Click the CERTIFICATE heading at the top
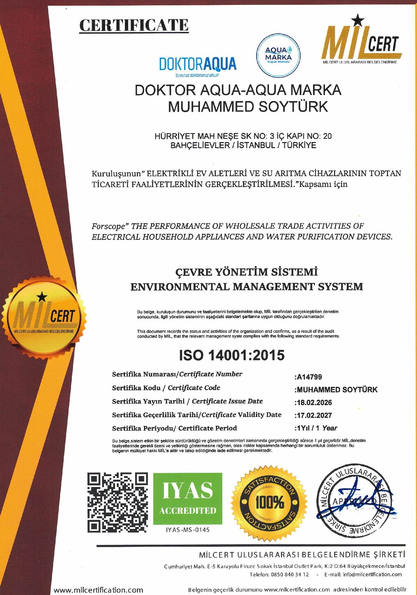click(134, 26)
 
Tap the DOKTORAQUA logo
click(198, 65)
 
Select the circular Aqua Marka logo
click(278, 55)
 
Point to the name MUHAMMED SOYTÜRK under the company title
click(247, 107)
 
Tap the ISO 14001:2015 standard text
click(232, 356)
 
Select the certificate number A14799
click(310, 377)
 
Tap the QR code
click(118, 502)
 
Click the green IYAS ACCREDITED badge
click(188, 498)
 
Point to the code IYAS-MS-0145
click(188, 530)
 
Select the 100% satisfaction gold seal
click(269, 502)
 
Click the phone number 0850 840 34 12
click(288, 574)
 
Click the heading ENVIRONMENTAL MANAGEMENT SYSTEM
click(247, 287)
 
